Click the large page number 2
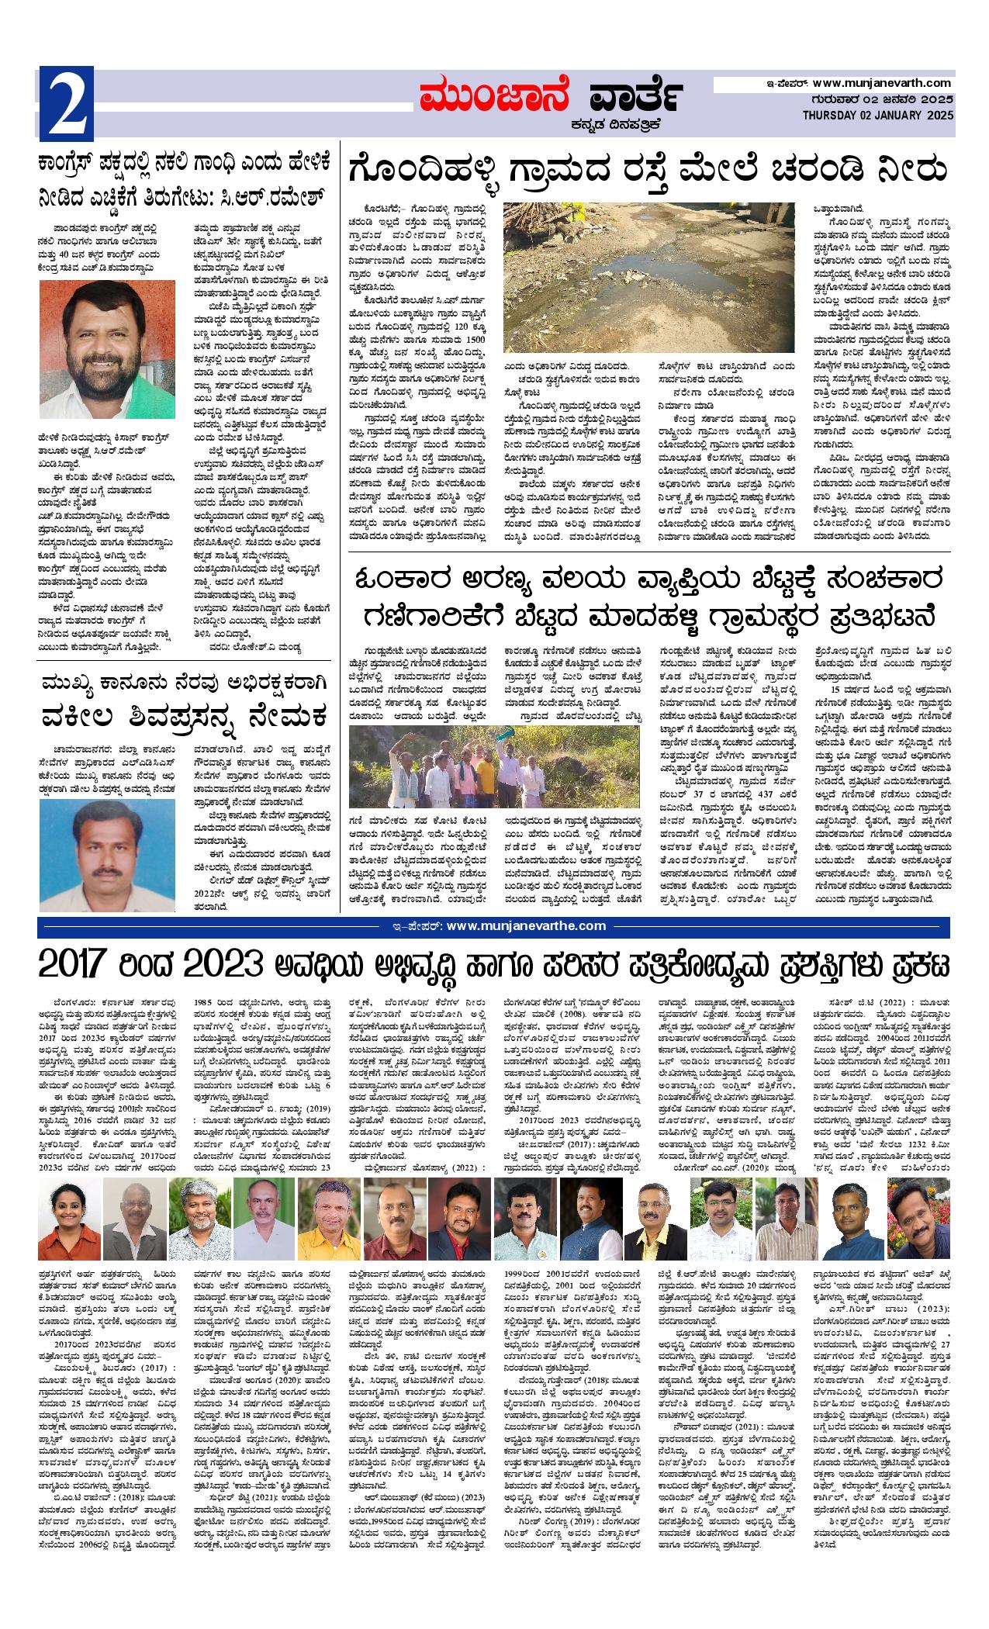pos(67,101)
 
